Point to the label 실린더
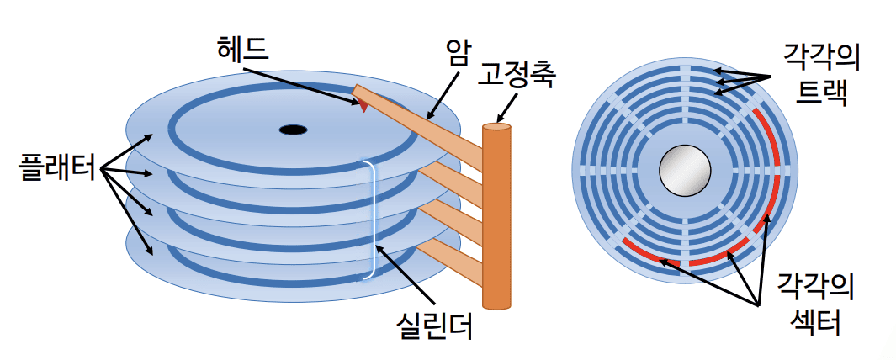coord(434,324)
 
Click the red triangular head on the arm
coord(362,104)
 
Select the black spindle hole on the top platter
coord(292,130)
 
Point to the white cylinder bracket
coord(370,219)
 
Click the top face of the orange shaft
coord(497,128)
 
